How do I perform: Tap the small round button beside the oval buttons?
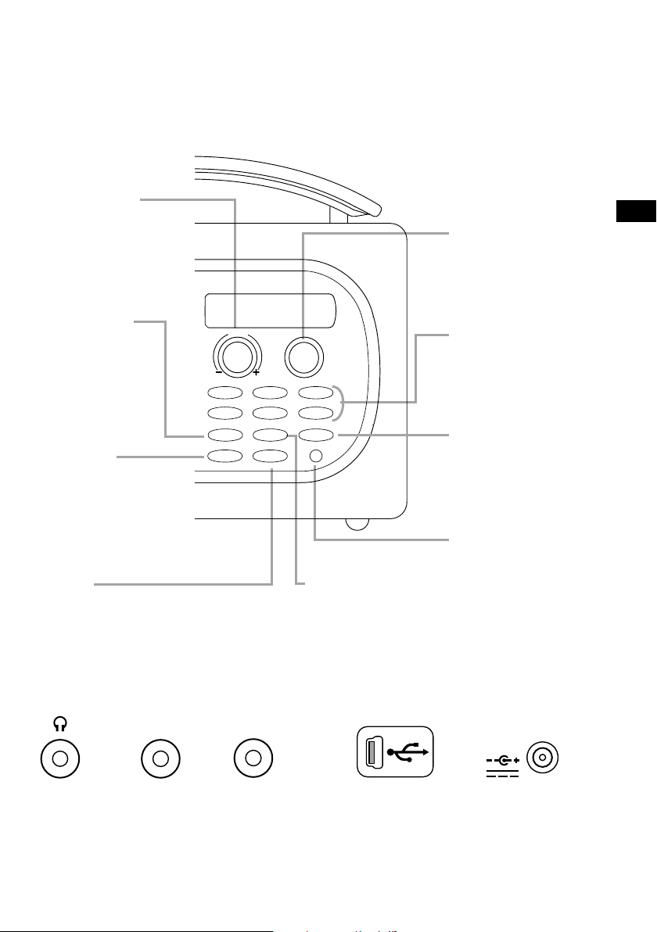point(315,456)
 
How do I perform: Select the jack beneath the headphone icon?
point(60,758)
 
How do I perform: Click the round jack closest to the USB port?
point(253,758)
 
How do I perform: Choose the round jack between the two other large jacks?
point(160,758)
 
